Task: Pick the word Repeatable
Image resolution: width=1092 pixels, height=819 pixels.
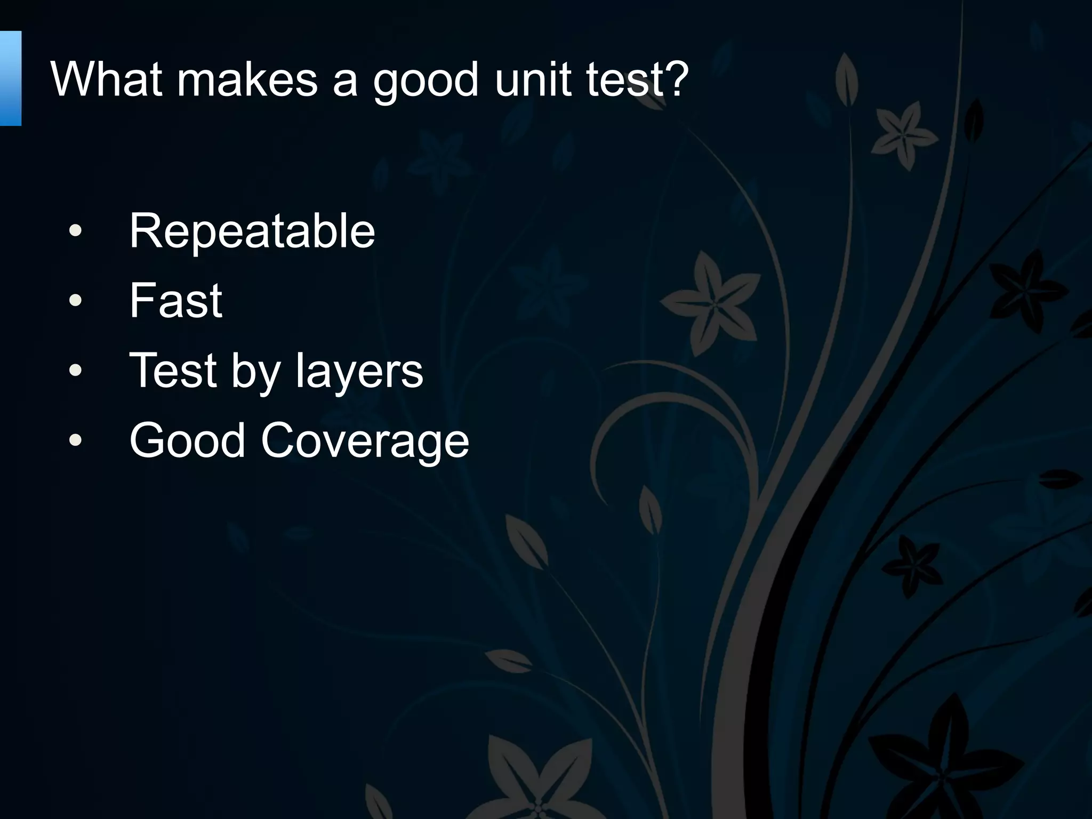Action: [x=252, y=231]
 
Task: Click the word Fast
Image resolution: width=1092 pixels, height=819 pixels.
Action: [x=175, y=301]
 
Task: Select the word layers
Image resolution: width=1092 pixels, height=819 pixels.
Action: [x=359, y=372]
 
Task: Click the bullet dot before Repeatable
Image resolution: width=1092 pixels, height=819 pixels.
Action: [x=76, y=231]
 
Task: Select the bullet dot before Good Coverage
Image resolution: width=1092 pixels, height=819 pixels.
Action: [x=76, y=440]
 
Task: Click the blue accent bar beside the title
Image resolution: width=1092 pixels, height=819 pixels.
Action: [x=10, y=78]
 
